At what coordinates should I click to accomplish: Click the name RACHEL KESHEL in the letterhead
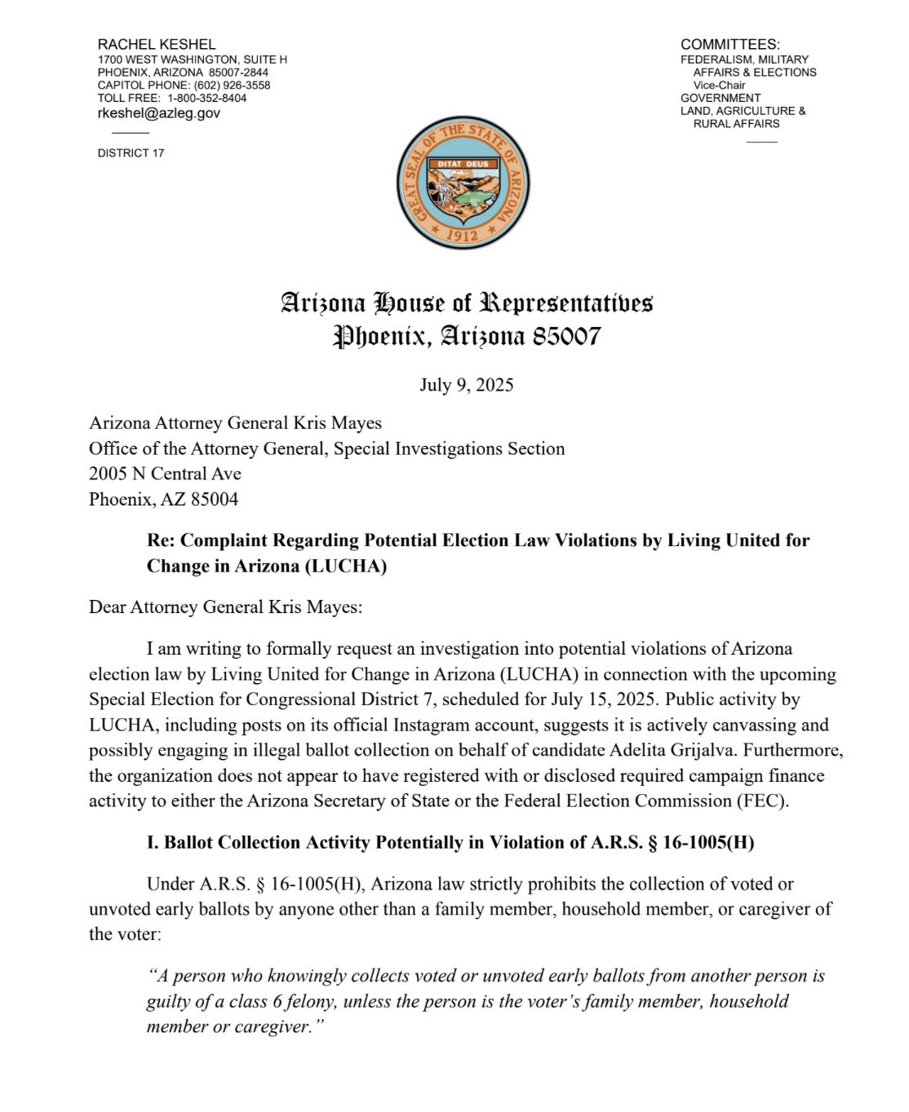157,44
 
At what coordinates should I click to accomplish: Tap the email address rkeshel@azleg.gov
158,113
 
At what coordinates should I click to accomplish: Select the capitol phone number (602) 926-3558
232,85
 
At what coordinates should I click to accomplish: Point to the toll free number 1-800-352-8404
207,98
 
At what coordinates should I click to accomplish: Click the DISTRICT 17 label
131,152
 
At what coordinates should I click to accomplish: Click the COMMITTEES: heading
729,44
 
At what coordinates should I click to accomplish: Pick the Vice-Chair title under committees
719,85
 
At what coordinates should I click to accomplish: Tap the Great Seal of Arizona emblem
462,183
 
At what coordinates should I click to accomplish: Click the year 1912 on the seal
463,236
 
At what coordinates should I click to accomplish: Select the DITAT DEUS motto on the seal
463,164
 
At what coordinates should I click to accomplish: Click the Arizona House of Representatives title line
466,302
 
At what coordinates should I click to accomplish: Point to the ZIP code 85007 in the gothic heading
566,336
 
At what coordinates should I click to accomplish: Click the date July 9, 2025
466,385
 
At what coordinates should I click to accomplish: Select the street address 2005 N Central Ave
165,474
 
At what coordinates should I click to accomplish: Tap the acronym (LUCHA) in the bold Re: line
345,566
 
